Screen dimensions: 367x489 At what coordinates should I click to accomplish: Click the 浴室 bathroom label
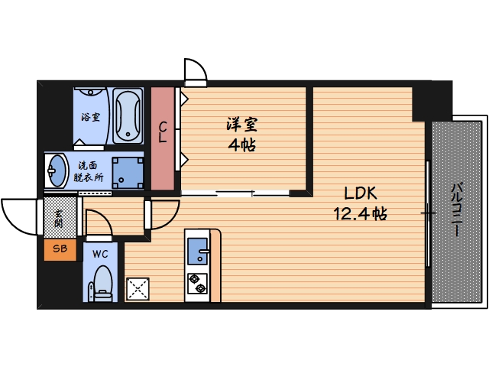pos(90,118)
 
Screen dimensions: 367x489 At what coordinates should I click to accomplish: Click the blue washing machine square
pos(127,172)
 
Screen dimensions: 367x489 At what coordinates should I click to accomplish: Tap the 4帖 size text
pos(241,145)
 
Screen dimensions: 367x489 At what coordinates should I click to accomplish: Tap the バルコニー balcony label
pos(455,209)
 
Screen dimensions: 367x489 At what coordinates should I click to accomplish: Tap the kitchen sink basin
pos(198,250)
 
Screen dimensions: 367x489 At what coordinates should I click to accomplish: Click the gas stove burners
pos(198,283)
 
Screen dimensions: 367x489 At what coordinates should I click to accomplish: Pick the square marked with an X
pos(139,288)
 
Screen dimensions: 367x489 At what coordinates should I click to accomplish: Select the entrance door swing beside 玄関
pos(21,218)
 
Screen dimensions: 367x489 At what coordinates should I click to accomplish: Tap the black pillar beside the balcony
pos(432,99)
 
